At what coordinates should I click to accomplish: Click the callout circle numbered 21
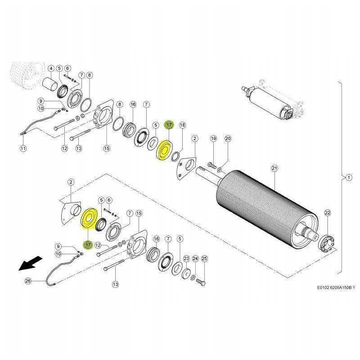point(274,168)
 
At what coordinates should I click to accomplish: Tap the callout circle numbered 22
point(328,213)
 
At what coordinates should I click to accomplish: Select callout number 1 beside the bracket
point(349,177)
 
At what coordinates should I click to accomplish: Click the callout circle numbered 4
point(51,68)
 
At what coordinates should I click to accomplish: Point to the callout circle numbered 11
point(23,148)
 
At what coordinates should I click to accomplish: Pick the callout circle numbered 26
point(28,281)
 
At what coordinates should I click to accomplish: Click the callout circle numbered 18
point(182,125)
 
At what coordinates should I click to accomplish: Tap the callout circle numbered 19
point(213,139)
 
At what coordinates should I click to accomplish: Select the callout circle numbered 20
point(228,139)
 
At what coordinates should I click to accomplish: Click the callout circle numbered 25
point(204,259)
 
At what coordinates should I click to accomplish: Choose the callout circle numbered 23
point(186,259)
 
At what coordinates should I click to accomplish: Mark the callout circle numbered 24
point(195,259)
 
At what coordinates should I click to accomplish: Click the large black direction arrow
point(30,263)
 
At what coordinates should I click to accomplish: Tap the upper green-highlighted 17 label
point(169,125)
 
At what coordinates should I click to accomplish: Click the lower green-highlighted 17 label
point(88,245)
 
